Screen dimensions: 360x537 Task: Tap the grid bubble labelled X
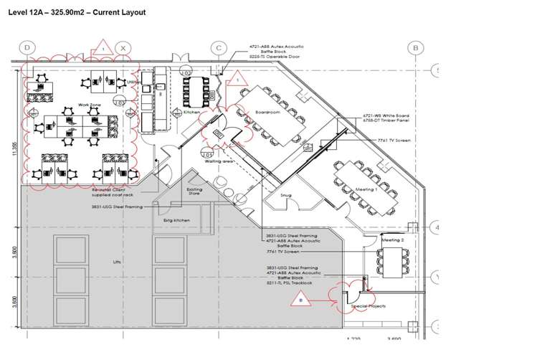tap(124, 48)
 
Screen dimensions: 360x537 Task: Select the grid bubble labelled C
tap(219, 48)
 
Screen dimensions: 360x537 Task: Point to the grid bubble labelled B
tap(414, 48)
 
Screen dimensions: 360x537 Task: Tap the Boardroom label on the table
tap(267, 113)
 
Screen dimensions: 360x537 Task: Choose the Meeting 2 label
tap(393, 240)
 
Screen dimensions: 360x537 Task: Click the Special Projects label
tap(368, 306)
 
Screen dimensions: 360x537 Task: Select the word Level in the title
tap(19, 12)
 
